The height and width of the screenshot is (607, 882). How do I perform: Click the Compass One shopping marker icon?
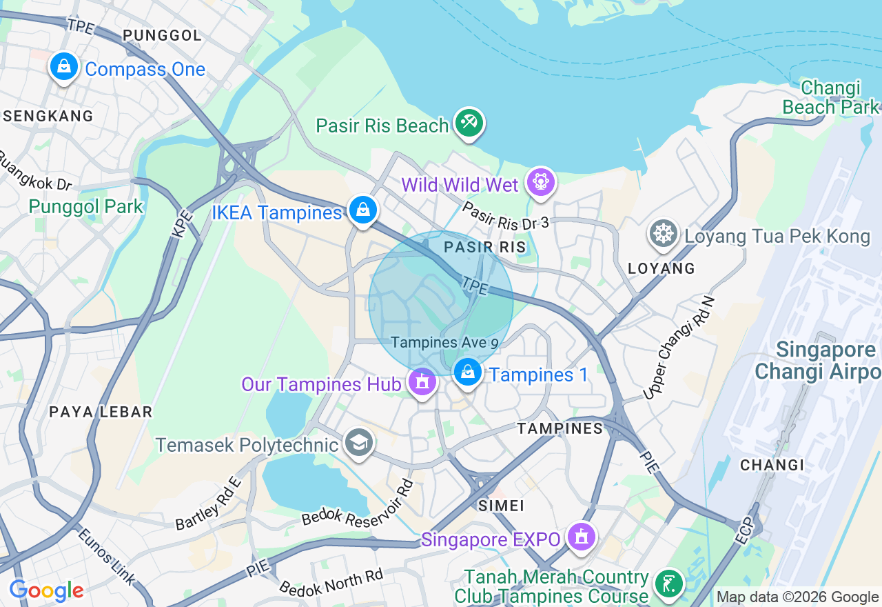(64, 67)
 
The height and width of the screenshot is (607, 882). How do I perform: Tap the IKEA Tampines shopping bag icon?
(362, 209)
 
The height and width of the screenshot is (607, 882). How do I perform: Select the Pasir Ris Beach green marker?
(469, 123)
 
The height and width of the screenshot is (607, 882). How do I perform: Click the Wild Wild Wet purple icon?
(540, 183)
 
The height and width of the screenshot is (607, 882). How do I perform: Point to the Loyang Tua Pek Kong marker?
(664, 235)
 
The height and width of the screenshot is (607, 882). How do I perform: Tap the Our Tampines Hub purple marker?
(422, 381)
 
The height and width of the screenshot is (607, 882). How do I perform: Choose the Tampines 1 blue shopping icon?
(468, 372)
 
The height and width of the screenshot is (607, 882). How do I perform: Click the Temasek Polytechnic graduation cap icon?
(358, 443)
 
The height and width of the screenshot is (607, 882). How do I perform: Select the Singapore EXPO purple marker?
(581, 537)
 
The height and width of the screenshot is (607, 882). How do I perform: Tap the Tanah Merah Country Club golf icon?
(668, 584)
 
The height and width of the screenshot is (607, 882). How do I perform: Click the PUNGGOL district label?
(162, 35)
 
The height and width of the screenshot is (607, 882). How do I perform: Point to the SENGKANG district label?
(48, 116)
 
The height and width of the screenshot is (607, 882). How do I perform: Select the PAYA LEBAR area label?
(101, 412)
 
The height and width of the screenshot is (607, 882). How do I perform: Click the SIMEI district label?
(501, 506)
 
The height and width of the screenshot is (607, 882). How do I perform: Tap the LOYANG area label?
(661, 268)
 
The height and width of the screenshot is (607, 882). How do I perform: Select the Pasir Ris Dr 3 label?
(505, 215)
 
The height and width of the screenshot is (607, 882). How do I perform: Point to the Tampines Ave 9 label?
(444, 343)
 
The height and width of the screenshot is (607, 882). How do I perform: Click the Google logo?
(47, 590)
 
